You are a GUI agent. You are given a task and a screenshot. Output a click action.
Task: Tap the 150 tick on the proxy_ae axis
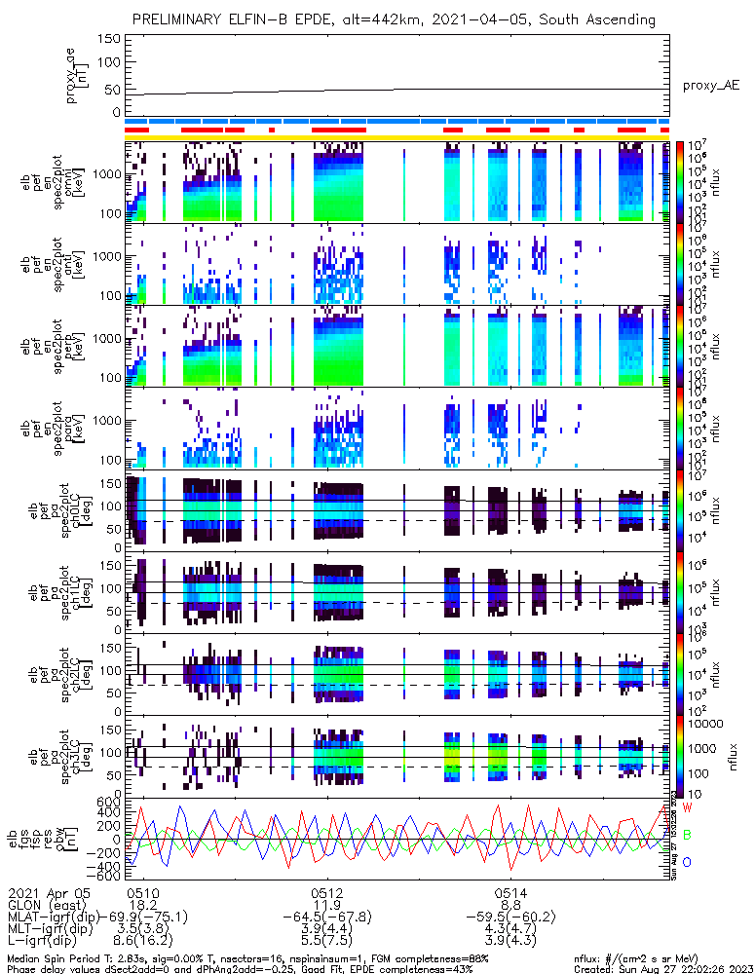click(x=109, y=39)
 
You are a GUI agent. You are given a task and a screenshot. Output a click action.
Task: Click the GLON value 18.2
click(x=142, y=905)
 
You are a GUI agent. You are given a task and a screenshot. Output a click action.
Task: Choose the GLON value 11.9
click(x=325, y=905)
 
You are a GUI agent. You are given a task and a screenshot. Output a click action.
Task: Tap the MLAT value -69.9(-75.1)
click(x=142, y=917)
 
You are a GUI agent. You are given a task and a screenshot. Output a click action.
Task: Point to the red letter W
click(x=687, y=808)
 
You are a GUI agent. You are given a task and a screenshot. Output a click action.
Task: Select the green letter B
click(x=687, y=835)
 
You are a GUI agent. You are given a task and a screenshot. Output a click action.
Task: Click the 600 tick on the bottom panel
click(x=109, y=801)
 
